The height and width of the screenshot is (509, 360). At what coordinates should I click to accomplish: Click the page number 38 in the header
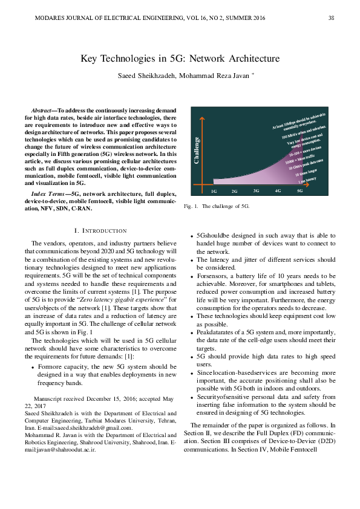click(x=331, y=18)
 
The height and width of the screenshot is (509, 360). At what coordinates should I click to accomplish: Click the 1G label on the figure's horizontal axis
click(x=214, y=190)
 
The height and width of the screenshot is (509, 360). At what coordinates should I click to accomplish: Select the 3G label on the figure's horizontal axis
click(x=256, y=190)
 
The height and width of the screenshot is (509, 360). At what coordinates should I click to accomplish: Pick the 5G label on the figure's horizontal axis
click(x=299, y=190)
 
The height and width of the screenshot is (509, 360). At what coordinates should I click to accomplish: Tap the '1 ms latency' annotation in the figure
click(x=307, y=180)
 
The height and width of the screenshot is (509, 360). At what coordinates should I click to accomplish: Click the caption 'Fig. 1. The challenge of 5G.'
click(x=217, y=206)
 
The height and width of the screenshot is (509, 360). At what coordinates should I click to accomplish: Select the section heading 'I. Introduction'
click(x=100, y=230)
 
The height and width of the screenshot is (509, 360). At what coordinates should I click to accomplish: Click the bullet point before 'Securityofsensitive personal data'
click(x=192, y=397)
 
